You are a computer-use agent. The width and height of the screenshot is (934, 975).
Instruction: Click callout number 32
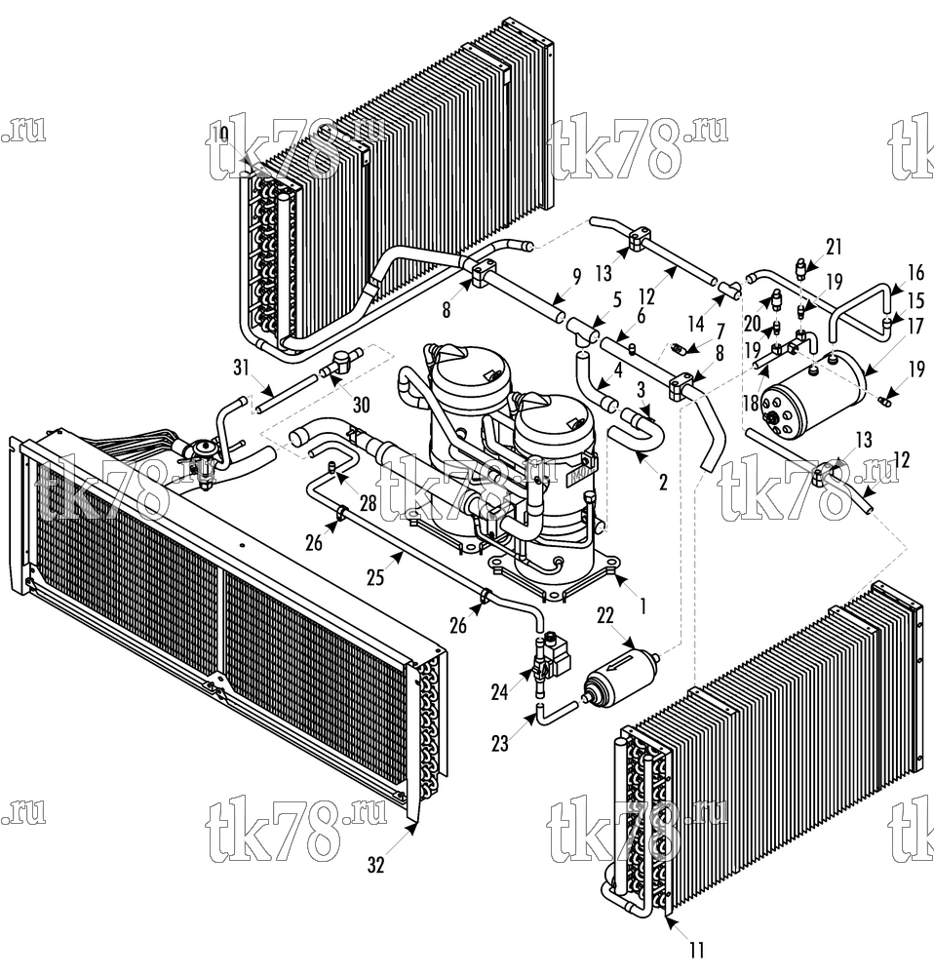[375, 864]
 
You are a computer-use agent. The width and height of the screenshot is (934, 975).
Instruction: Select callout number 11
[696, 950]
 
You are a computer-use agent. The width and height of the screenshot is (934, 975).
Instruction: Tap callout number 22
[605, 615]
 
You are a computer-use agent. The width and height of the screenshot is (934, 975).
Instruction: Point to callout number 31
[241, 368]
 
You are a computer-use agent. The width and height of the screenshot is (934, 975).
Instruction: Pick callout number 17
[915, 326]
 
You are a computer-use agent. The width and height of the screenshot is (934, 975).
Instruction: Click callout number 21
[834, 247]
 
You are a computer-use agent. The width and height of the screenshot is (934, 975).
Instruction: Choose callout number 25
[375, 577]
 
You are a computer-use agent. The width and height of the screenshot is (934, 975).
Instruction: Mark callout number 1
[643, 605]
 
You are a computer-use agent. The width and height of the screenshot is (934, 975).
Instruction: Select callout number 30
[362, 405]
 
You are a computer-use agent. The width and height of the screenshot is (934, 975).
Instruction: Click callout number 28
[369, 502]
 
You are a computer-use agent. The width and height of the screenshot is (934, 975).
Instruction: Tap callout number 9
[576, 277]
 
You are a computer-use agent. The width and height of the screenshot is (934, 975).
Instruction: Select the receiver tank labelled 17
[812, 393]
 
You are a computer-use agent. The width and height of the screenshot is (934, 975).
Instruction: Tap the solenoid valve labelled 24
[550, 662]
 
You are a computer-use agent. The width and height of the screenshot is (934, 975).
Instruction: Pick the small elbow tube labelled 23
[556, 712]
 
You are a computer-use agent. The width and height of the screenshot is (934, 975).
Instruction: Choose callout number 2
[663, 482]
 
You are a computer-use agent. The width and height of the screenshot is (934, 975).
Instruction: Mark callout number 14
[696, 323]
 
